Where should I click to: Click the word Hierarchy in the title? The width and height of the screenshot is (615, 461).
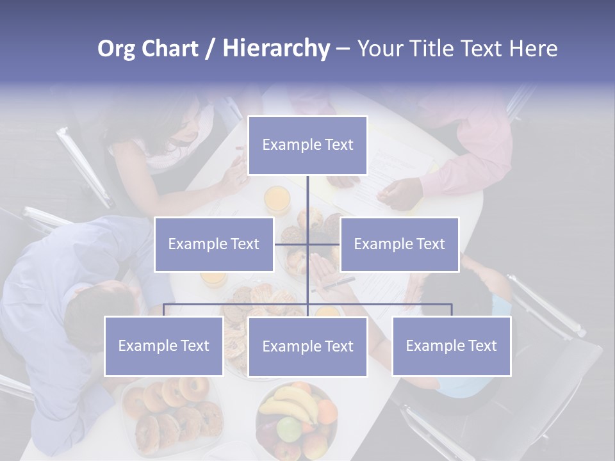275,49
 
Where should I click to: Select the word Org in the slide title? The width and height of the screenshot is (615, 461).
117,49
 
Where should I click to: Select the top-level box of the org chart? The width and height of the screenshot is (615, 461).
307,145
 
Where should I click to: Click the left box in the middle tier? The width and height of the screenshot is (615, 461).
214,244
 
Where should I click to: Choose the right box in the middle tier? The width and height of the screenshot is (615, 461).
399,244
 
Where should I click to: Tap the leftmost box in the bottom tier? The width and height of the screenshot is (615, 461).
164,346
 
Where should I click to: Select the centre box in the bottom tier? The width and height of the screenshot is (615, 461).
307,346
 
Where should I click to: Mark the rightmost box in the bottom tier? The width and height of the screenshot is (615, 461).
452,346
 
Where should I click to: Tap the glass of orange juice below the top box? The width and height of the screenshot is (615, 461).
277,199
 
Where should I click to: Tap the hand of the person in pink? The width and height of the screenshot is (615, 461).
400,193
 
